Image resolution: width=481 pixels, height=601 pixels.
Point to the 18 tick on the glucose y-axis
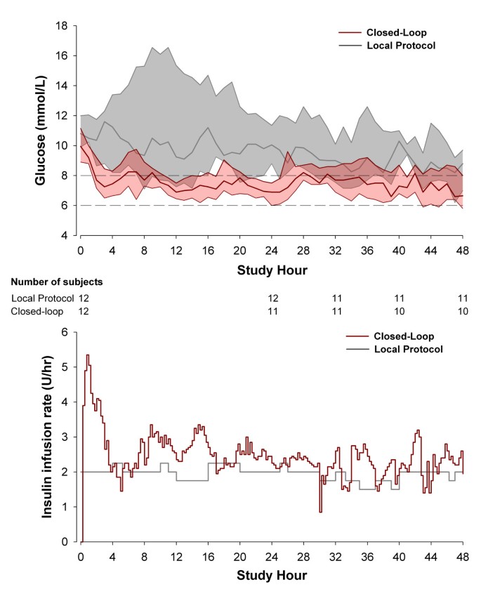coord(62,25)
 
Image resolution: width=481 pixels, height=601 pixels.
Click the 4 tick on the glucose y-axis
coord(65,235)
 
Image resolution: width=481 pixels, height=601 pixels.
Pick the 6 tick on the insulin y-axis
coord(65,332)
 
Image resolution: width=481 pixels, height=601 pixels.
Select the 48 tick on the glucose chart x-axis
coord(463,250)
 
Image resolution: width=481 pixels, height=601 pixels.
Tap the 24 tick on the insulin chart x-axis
coord(271,556)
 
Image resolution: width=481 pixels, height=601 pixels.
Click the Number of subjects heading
coord(57,282)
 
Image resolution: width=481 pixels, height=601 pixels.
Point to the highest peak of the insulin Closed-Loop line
coord(88,355)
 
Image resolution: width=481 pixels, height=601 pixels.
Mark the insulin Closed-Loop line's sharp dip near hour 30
coord(320,511)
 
